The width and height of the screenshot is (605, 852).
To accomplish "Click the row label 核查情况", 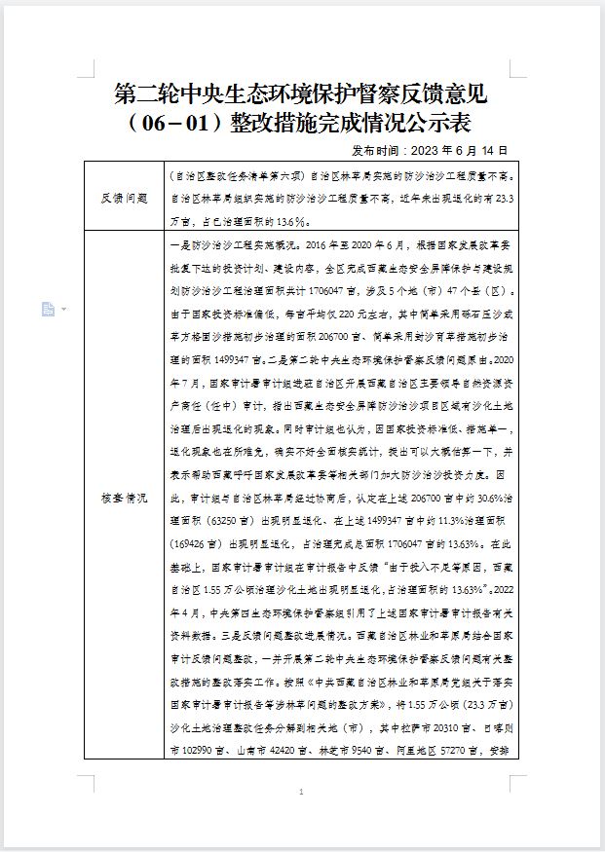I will click(x=124, y=497).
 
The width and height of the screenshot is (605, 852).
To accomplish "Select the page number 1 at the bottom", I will click(x=302, y=794).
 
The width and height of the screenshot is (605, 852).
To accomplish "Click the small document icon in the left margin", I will click(x=48, y=309).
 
